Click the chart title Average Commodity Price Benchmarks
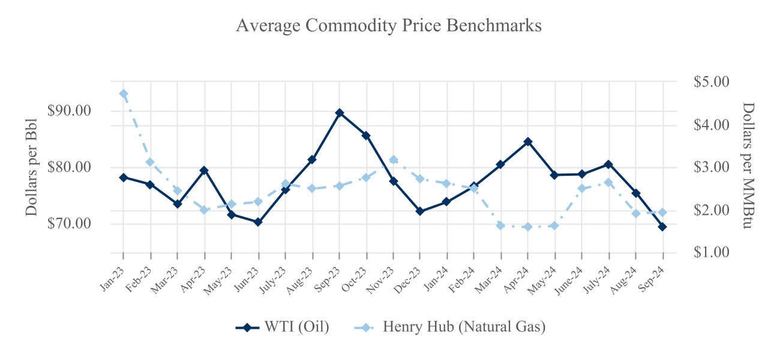pos(389,26)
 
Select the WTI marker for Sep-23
pos(340,113)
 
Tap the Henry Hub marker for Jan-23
pos(124,94)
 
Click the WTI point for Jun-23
pos(259,222)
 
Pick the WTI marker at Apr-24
pos(528,142)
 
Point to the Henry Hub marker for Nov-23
pos(394,160)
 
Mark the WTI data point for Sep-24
pos(662,227)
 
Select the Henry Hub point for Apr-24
pos(528,227)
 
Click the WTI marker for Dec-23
pos(420,211)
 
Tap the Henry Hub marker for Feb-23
pos(151,162)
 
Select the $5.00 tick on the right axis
pos(711,82)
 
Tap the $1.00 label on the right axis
pos(711,252)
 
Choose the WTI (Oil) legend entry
pos(282,327)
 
